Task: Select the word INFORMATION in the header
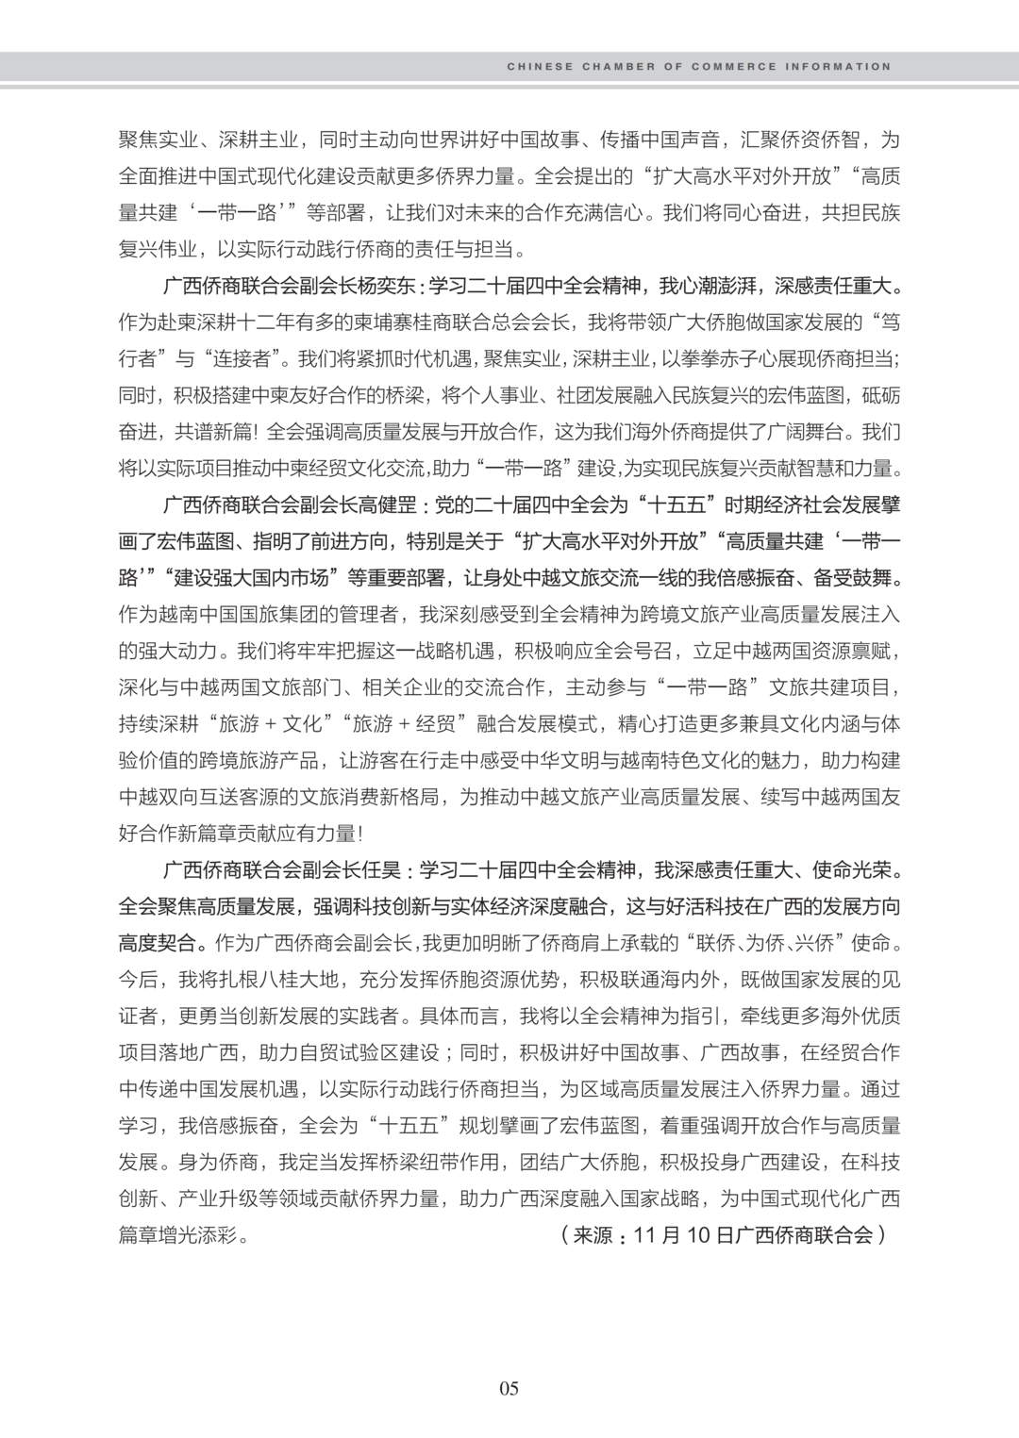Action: coord(842,67)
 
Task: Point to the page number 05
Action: coord(509,1388)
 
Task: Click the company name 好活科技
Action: coord(689,906)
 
